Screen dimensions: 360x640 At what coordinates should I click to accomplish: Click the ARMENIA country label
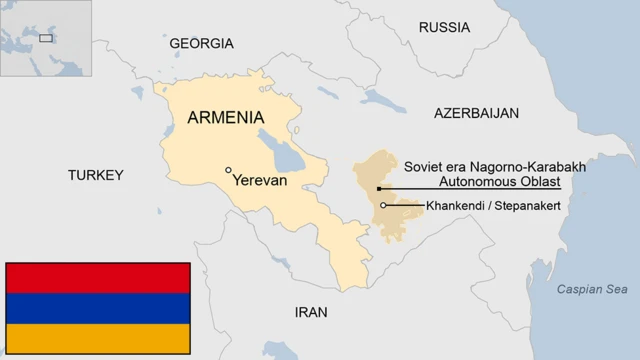(226, 117)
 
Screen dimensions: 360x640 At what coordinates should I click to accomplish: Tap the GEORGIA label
(201, 44)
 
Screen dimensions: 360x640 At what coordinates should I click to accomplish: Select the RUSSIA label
(445, 27)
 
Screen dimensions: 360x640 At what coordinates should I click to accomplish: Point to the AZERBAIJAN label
(476, 113)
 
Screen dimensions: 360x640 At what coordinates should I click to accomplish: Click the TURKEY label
(95, 175)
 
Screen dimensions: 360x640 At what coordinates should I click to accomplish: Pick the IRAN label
(310, 312)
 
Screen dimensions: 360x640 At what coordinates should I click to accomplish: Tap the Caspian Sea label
(592, 290)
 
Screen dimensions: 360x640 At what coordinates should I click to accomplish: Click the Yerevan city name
(259, 182)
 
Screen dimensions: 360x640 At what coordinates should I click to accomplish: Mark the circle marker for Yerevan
(229, 170)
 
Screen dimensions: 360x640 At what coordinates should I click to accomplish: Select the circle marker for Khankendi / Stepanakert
(384, 205)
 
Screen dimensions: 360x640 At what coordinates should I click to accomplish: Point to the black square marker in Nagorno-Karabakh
(379, 188)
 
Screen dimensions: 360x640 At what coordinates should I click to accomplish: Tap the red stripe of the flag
(97, 278)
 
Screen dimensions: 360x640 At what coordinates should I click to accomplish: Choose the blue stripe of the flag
(97, 308)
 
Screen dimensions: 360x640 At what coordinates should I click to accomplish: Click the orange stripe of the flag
(97, 337)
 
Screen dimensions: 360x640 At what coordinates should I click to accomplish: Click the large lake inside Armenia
(284, 153)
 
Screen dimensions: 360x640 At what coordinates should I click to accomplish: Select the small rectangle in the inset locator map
(45, 38)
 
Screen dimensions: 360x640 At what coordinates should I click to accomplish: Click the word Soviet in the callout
(424, 166)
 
